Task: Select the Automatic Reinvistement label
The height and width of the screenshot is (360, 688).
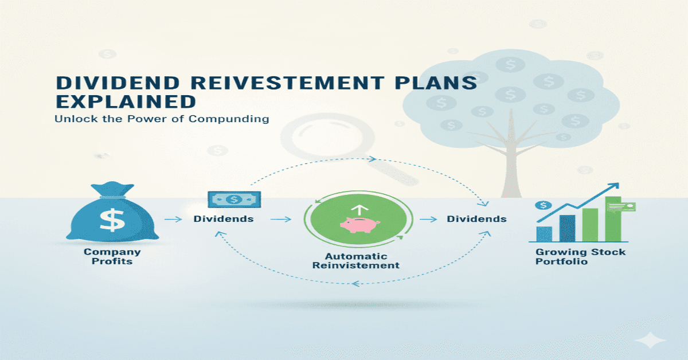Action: click(x=361, y=261)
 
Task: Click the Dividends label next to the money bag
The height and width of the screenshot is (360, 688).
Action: click(x=223, y=219)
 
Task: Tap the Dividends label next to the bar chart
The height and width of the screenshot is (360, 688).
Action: click(x=476, y=219)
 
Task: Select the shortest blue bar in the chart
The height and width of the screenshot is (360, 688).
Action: click(x=544, y=233)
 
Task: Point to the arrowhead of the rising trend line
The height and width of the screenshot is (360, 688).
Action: click(x=616, y=186)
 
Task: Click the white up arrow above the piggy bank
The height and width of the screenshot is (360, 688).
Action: click(x=359, y=210)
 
